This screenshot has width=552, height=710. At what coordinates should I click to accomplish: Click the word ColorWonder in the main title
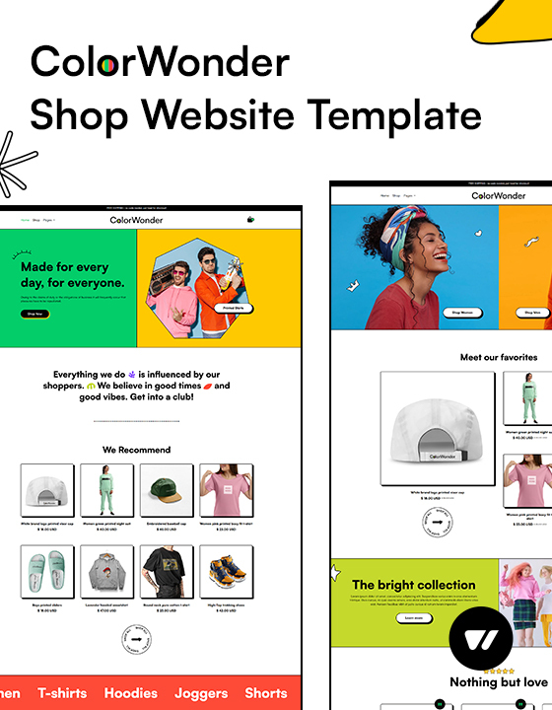[x=160, y=62]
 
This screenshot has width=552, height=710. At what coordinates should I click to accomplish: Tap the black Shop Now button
[x=34, y=314]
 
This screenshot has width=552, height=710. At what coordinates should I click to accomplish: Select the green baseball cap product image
[x=166, y=490]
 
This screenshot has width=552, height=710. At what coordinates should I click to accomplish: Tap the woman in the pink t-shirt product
[x=226, y=490]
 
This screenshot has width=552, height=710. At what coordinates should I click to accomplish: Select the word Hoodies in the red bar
[x=130, y=692]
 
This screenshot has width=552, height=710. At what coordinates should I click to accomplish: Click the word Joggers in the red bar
[x=202, y=692]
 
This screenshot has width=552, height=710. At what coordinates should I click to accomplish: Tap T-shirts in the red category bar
[x=62, y=692]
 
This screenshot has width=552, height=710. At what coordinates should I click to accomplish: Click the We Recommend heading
[x=136, y=450]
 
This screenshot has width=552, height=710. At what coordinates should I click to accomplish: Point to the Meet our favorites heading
[x=499, y=357]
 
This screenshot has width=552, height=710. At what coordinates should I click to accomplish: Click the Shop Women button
[x=462, y=313]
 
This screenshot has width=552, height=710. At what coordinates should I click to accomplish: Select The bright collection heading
[x=414, y=585]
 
